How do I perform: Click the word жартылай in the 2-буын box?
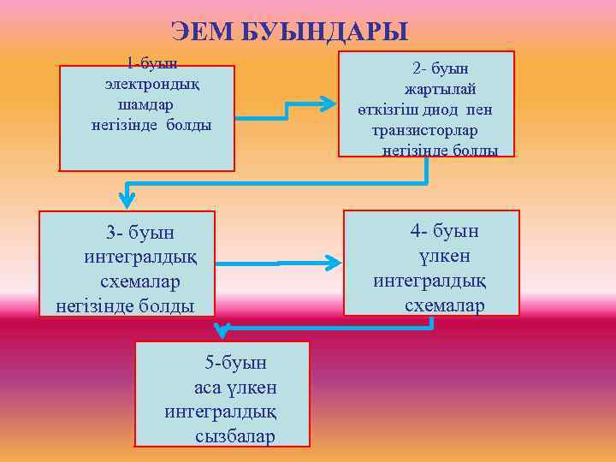(x=440, y=89)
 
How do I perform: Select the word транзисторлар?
(x=424, y=131)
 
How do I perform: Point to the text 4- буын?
(x=444, y=231)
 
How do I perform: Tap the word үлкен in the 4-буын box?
(x=444, y=256)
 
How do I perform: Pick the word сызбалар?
(x=235, y=436)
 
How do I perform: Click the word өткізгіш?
(x=383, y=110)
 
